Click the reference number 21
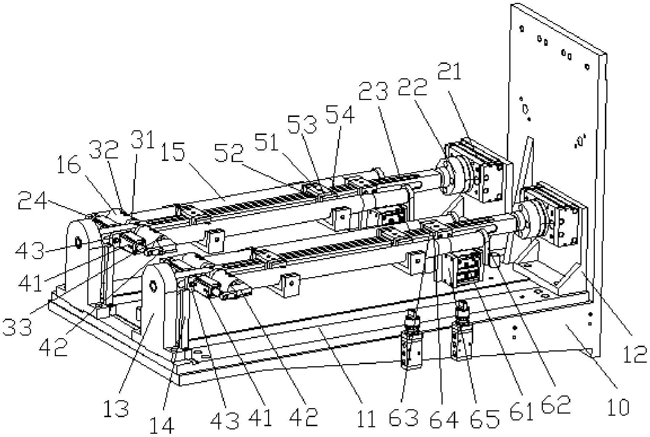(x=449, y=71)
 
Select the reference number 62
(x=556, y=404)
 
